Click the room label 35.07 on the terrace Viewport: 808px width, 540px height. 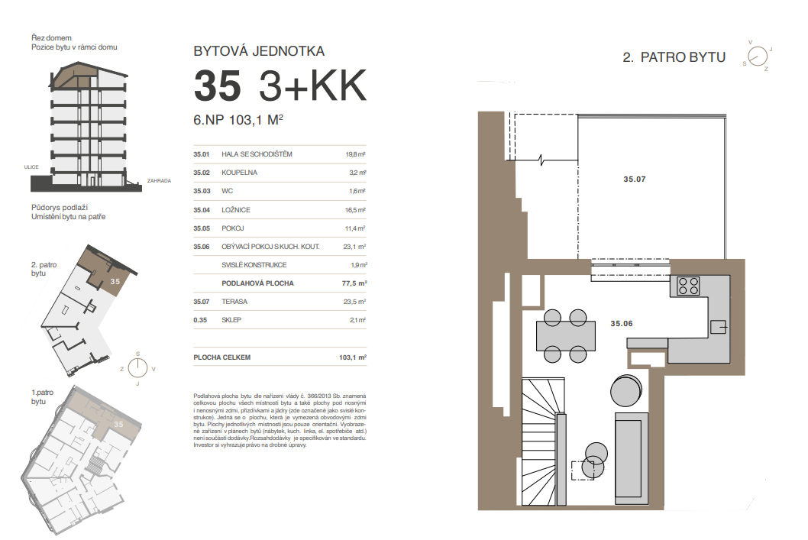coord(635,179)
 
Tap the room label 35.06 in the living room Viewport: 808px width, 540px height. coord(622,324)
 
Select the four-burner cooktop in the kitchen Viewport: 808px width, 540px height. coord(688,286)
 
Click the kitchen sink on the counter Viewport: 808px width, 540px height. coord(719,327)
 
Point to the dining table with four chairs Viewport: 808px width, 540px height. coord(565,336)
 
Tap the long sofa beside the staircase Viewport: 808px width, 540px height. coord(632,458)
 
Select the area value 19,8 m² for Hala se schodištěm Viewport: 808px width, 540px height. coord(355,154)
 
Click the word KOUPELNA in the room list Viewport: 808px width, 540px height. coord(239,173)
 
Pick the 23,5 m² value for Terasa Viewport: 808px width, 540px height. coord(354,302)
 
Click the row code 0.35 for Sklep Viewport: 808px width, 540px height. coord(200,320)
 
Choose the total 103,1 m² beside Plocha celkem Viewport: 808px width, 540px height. coord(353,357)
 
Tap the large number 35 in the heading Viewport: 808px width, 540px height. coord(218,86)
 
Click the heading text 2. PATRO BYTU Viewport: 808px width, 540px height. coord(674,57)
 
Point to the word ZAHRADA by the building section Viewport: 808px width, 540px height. coord(159,181)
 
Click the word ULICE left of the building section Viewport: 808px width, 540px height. coord(31,167)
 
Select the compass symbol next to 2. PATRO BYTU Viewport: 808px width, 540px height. coord(758,56)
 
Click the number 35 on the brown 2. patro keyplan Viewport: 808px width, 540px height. coord(115,281)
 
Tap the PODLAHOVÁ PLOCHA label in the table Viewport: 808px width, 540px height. coord(257,283)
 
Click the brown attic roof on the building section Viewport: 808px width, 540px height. coord(75,75)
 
